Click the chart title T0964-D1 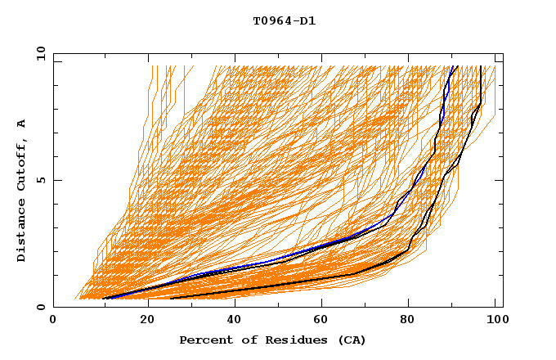tap(284, 21)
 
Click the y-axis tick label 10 tap(39, 53)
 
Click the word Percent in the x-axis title tap(204, 340)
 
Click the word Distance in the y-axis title tap(22, 230)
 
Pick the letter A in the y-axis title tap(22, 123)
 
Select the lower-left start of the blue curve tap(104, 299)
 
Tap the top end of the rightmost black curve tap(481, 66)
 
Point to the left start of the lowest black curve tap(170, 299)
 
